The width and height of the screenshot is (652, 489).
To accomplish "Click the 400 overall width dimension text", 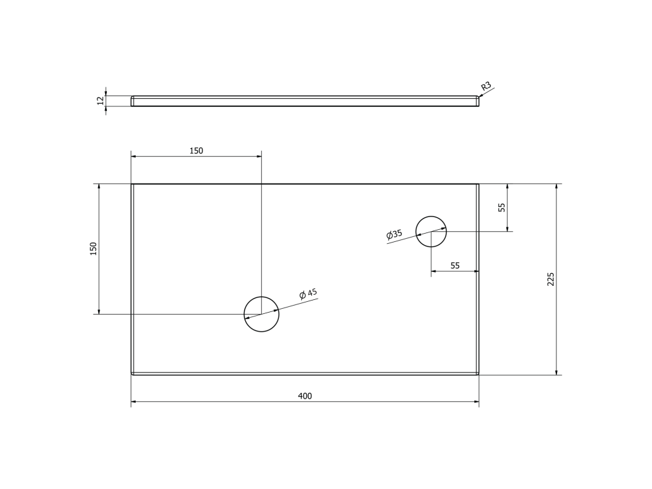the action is pos(305,396).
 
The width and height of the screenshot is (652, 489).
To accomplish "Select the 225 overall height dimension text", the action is pos(551,280).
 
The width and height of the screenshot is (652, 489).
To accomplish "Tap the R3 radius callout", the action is pos(486,86).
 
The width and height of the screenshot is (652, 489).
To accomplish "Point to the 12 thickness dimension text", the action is pos(100,101).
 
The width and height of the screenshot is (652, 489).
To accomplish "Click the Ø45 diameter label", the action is pos(308,294).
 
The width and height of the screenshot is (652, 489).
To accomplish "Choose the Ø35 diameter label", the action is pos(394,234).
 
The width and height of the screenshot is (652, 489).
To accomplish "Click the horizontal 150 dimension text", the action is pos(196,151).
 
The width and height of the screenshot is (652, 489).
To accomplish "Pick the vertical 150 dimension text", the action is pos(94,249).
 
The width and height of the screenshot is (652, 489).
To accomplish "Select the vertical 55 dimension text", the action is pos(502,208).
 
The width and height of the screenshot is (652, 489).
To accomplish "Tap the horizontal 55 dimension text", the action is pos(455,266).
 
